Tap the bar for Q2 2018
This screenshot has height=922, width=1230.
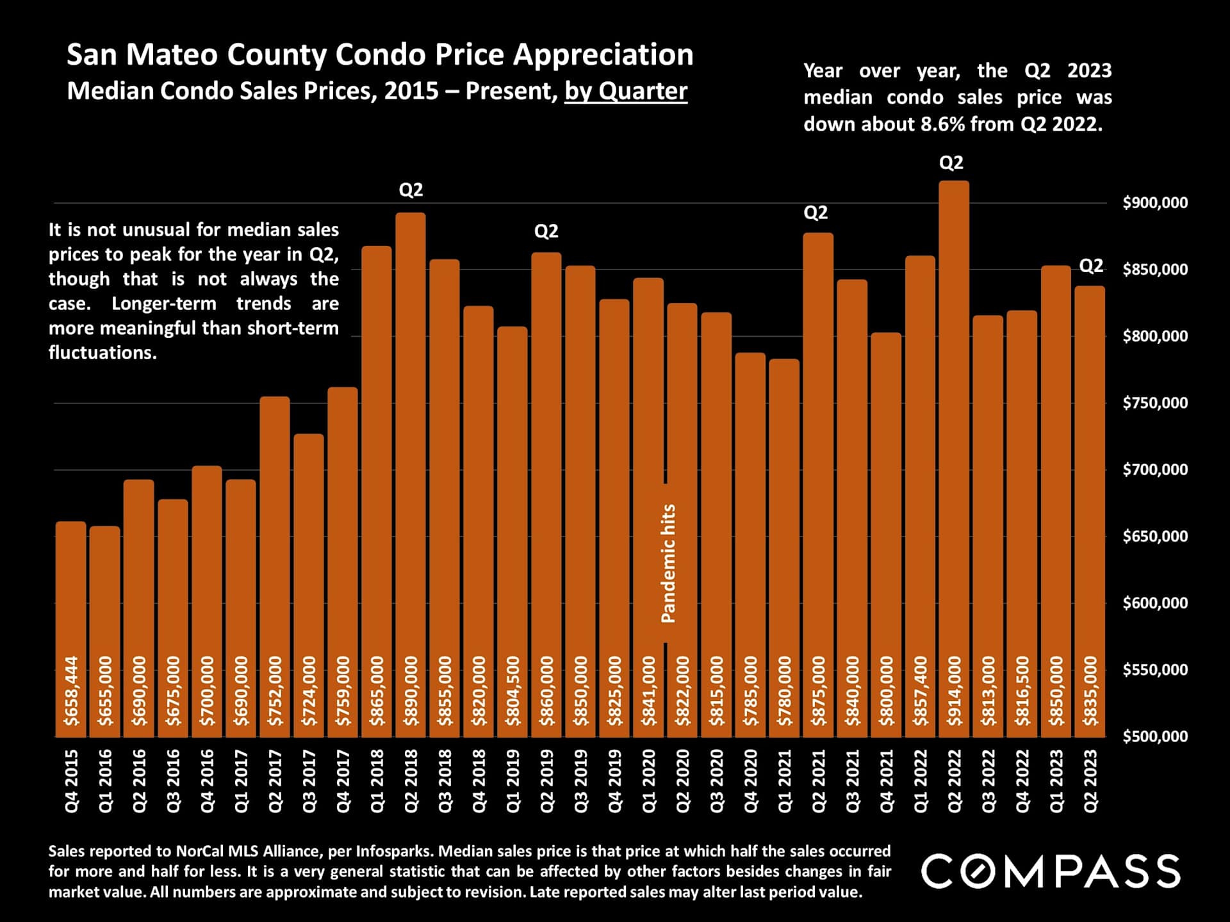pyautogui.click(x=411, y=448)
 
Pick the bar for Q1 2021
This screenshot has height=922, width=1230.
pyautogui.click(x=784, y=544)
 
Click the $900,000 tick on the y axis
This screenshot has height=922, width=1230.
pyautogui.click(x=1155, y=203)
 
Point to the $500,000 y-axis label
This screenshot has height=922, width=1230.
pyautogui.click(x=1155, y=736)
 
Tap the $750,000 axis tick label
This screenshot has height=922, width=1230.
pyautogui.click(x=1155, y=403)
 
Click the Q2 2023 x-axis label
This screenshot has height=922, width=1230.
pyautogui.click(x=1090, y=780)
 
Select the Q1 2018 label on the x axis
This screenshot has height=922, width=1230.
pyautogui.click(x=377, y=780)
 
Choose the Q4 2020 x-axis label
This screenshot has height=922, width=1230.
pyautogui.click(x=750, y=780)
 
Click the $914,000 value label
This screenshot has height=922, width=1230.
pyautogui.click(x=955, y=691)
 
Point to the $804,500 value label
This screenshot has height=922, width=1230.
pyautogui.click(x=512, y=691)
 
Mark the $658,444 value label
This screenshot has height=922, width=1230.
pyautogui.click(x=71, y=691)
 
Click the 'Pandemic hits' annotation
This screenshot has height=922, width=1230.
pyautogui.click(x=668, y=563)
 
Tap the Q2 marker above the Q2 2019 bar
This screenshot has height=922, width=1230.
pyautogui.click(x=546, y=231)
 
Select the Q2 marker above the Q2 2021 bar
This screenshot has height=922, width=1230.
pyautogui.click(x=816, y=213)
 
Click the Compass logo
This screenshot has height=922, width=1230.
pyautogui.click(x=1051, y=871)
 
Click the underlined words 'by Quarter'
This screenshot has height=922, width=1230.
pyautogui.click(x=625, y=91)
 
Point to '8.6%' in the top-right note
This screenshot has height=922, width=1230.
pyautogui.click(x=942, y=124)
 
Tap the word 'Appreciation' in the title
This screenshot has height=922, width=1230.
pyautogui.click(x=603, y=55)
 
